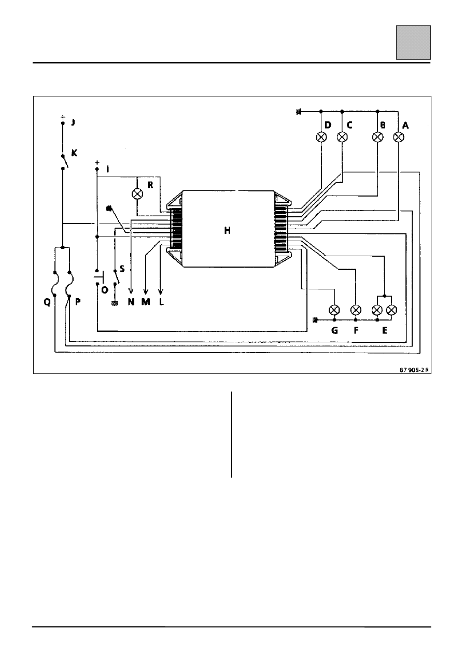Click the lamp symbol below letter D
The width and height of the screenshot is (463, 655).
321,137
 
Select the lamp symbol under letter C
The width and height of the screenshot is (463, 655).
342,137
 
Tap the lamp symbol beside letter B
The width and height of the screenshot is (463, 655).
377,137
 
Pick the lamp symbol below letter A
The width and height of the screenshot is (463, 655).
398,137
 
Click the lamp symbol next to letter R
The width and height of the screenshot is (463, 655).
137,194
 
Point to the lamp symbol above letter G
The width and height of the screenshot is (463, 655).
334,310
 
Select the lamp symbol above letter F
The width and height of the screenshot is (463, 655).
356,310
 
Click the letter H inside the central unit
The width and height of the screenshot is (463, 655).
228,230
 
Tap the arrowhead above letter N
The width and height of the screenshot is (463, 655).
131,290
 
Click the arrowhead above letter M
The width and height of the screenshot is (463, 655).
146,290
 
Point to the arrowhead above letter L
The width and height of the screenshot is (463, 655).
161,290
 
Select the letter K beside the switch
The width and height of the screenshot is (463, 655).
74,152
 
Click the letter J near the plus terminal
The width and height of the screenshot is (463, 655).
73,122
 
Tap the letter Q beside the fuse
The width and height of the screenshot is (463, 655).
47,302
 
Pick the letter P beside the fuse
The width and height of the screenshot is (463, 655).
78,301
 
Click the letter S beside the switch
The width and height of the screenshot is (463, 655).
122,269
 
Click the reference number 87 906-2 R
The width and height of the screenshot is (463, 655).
414,370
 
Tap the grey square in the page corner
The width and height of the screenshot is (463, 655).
413,43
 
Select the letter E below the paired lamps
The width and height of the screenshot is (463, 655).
385,330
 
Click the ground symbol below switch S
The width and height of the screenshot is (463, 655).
115,303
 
